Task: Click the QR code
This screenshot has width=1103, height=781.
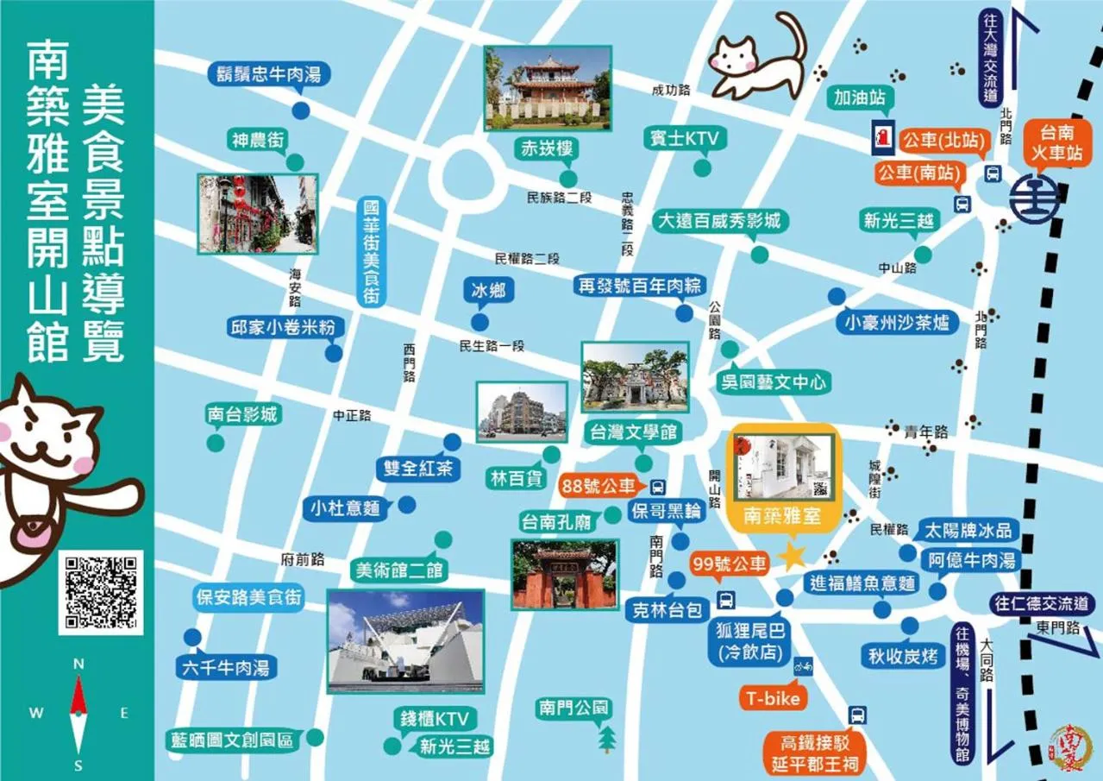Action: [100, 591]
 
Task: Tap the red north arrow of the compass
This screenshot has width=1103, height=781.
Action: [78, 696]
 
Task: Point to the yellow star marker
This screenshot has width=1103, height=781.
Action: [792, 555]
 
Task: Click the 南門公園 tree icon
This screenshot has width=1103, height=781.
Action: [608, 739]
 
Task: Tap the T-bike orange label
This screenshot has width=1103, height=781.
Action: [774, 698]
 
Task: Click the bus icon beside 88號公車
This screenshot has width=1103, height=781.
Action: [658, 485]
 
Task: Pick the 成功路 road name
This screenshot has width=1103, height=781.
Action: [672, 89]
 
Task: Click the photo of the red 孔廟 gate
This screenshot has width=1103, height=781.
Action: [565, 574]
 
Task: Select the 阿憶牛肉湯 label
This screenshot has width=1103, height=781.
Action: [972, 560]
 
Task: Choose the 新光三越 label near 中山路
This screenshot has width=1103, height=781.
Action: [899, 221]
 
